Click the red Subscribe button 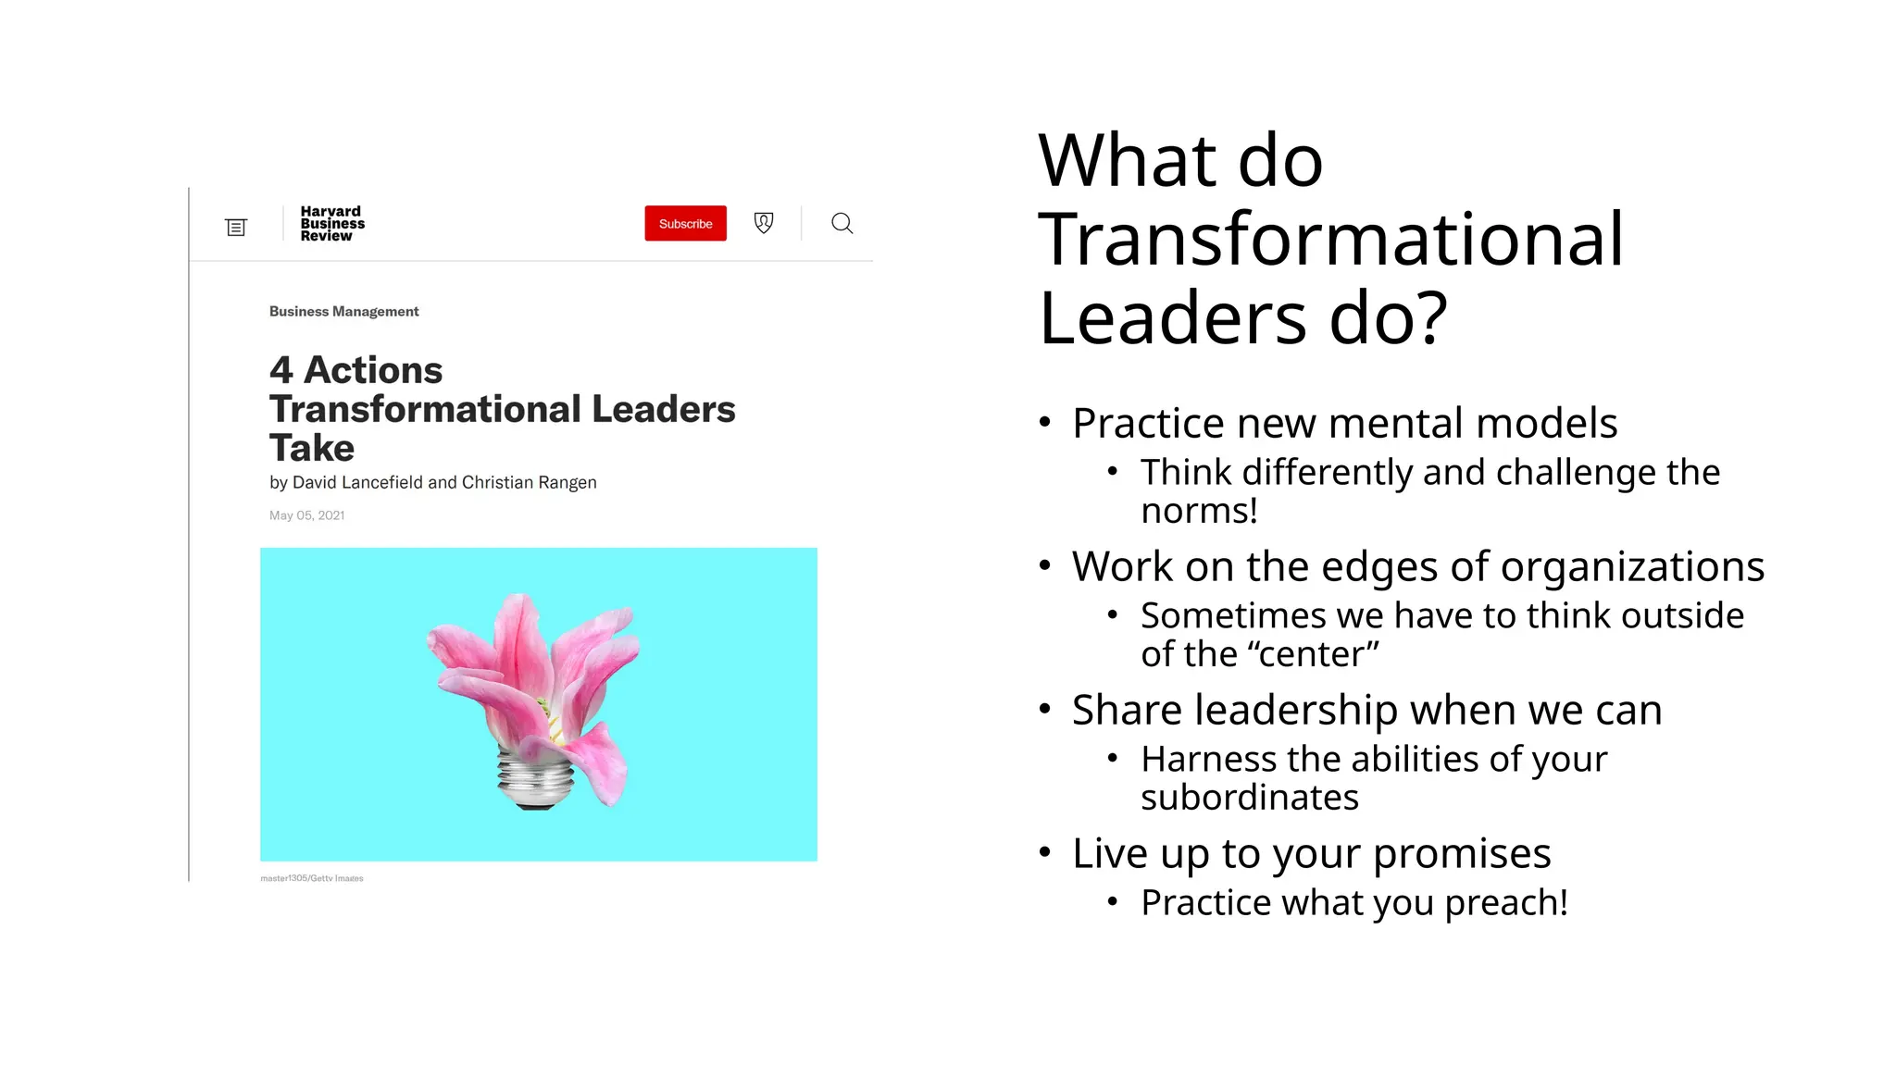(x=685, y=224)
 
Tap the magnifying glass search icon (x=842, y=224)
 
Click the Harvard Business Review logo (x=332, y=224)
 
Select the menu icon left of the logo (x=236, y=227)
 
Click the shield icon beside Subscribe (x=764, y=223)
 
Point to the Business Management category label (x=343, y=312)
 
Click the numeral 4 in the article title (x=281, y=370)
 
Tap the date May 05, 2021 (x=306, y=515)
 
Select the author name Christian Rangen (x=529, y=482)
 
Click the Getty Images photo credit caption (x=312, y=878)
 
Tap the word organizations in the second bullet (x=1632, y=566)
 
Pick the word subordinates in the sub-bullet (x=1249, y=797)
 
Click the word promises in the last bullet (x=1462, y=853)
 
